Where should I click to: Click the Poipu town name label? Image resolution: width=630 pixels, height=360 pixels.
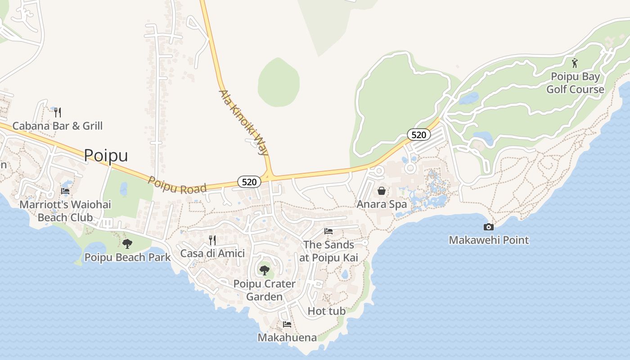[106, 155]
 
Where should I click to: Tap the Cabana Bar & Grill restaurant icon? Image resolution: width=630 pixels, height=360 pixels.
[57, 112]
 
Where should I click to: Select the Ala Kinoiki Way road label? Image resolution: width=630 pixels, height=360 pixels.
[243, 122]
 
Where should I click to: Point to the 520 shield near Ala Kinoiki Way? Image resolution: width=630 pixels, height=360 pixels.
[249, 182]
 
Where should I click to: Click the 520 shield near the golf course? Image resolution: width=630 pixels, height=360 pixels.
[419, 134]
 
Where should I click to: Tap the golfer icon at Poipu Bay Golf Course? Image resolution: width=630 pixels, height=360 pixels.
[575, 63]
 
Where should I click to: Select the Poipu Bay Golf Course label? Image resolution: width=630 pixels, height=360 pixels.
[575, 83]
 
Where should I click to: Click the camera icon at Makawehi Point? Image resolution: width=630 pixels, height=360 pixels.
[488, 227]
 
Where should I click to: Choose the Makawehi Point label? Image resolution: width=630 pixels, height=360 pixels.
[489, 240]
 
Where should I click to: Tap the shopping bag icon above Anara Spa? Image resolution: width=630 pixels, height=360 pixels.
[382, 191]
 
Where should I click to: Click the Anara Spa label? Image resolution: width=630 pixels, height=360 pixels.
[382, 204]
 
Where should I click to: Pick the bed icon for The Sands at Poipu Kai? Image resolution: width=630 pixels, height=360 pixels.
[328, 231]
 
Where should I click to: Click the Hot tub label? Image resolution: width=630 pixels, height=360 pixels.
[327, 311]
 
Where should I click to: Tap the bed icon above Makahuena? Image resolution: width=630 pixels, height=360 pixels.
[287, 324]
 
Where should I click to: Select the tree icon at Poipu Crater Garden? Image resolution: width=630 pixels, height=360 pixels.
[265, 270]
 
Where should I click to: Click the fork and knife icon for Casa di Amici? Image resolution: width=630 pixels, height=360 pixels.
[212, 240]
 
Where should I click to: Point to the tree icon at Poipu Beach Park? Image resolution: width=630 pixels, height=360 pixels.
[127, 244]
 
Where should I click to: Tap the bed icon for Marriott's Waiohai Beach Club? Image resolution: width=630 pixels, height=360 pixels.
[65, 191]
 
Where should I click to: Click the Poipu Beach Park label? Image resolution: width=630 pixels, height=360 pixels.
[128, 257]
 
